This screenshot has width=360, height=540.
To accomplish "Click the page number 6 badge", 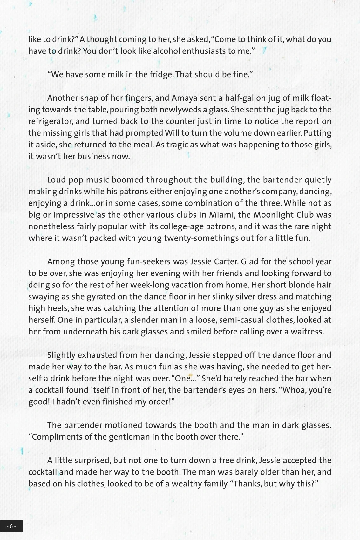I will tap(11, 526).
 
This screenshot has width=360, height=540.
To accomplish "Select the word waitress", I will tap(308, 332).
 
